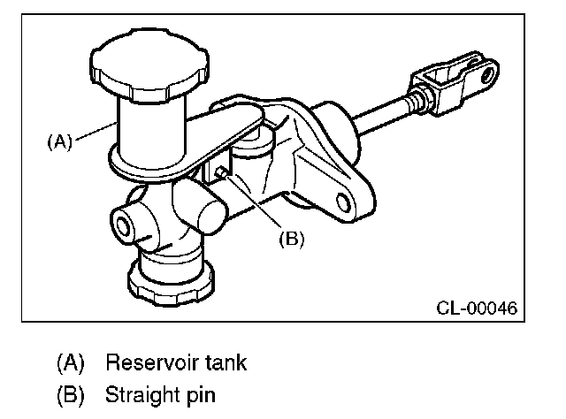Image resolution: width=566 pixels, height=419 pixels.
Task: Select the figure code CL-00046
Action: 476,309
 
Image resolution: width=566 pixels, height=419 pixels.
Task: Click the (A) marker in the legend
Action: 72,362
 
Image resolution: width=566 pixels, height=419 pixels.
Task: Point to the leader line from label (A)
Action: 94,133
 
